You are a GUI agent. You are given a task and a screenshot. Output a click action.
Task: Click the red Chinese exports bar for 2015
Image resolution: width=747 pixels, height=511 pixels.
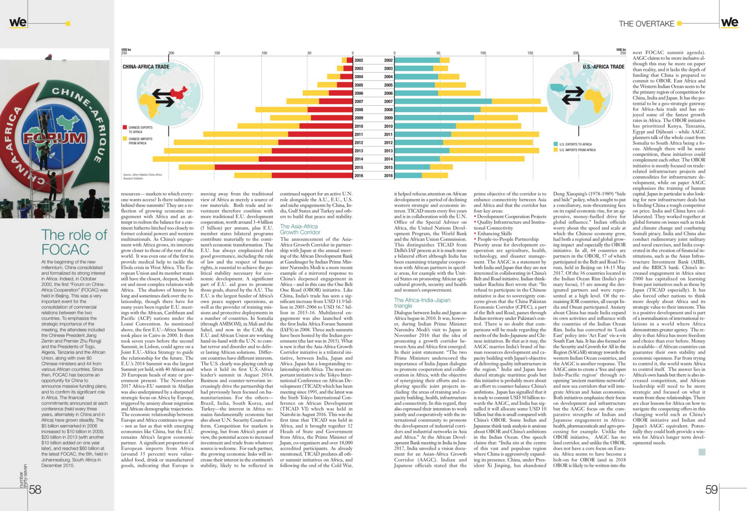pos(284,167)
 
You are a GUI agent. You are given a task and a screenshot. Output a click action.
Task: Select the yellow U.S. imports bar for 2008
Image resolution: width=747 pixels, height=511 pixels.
pos(514,109)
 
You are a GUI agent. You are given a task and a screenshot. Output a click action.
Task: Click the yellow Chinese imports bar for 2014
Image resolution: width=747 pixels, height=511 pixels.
pos(206,159)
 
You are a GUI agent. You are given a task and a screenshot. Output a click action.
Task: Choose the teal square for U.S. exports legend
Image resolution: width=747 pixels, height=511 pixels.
pos(555,144)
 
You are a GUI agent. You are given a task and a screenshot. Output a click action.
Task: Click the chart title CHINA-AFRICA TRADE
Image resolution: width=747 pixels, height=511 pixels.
pos(146,67)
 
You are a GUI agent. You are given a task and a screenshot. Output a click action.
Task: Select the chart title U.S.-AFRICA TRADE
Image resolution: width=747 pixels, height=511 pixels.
pos(604,67)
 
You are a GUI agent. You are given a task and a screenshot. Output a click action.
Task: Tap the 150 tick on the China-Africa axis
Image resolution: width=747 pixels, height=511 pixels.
pos(217,53)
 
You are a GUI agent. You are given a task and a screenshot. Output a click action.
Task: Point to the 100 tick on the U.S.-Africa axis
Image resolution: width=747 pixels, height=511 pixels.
pos(483,53)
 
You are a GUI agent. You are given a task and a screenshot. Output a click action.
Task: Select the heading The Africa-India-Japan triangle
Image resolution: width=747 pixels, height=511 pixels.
pos(422,303)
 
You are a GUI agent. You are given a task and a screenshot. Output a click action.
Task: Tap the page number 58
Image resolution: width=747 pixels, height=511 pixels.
pos(35,489)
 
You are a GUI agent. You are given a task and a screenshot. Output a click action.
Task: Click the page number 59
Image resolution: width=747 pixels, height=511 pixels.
pos(711,489)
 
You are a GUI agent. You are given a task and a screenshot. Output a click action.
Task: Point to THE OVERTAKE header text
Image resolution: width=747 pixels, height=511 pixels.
pos(646,24)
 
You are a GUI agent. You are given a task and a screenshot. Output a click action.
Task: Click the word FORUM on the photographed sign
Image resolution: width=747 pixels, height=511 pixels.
pos(55,138)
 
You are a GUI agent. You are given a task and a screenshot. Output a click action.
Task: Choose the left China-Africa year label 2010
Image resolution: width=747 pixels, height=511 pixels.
pos(359,126)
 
